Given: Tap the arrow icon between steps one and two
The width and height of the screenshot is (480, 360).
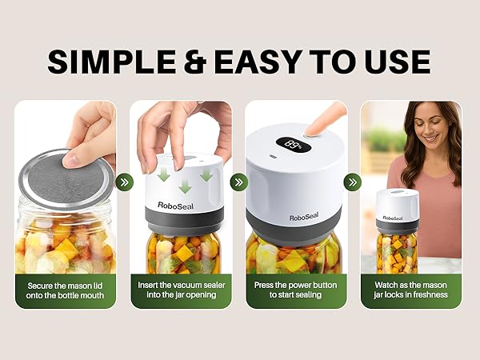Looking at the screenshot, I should click(123, 182).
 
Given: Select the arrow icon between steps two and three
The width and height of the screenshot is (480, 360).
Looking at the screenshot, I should click(238, 182).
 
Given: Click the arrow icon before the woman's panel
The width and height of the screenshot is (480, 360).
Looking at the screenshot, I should click(353, 182).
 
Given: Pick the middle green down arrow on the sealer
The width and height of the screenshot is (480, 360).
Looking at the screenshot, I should click(185, 186).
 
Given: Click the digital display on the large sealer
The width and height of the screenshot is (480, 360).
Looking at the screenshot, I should click(292, 146).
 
